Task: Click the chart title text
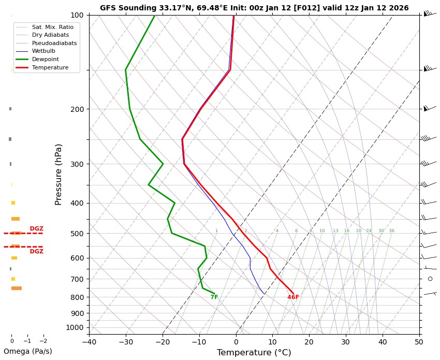click(254, 8)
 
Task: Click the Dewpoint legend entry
click(46, 60)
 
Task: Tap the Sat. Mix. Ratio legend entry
click(52, 26)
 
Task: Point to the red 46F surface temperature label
click(293, 297)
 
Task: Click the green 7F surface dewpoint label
click(214, 297)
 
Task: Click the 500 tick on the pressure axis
click(77, 234)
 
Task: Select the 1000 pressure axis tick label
click(75, 327)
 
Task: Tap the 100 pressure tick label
click(77, 15)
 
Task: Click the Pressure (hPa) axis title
click(58, 174)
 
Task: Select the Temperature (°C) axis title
click(254, 353)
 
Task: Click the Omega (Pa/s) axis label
click(28, 351)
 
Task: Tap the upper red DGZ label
click(36, 228)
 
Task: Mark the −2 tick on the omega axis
click(43, 341)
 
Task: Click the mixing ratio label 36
click(391, 231)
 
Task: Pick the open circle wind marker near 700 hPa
click(430, 279)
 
